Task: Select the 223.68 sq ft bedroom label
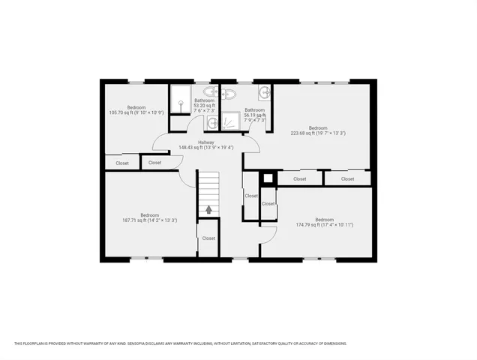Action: pyautogui.click(x=318, y=130)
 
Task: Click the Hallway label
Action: pyautogui.click(x=206, y=145)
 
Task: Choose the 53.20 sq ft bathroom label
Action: pyautogui.click(x=204, y=105)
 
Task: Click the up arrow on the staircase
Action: pyautogui.click(x=208, y=210)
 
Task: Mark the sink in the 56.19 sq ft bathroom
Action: pyautogui.click(x=264, y=93)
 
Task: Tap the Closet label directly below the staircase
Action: pyautogui.click(x=208, y=238)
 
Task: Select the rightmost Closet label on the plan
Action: pyautogui.click(x=348, y=179)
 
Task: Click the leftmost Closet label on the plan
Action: pyautogui.click(x=122, y=163)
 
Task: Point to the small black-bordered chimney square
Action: pyautogui.click(x=267, y=179)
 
